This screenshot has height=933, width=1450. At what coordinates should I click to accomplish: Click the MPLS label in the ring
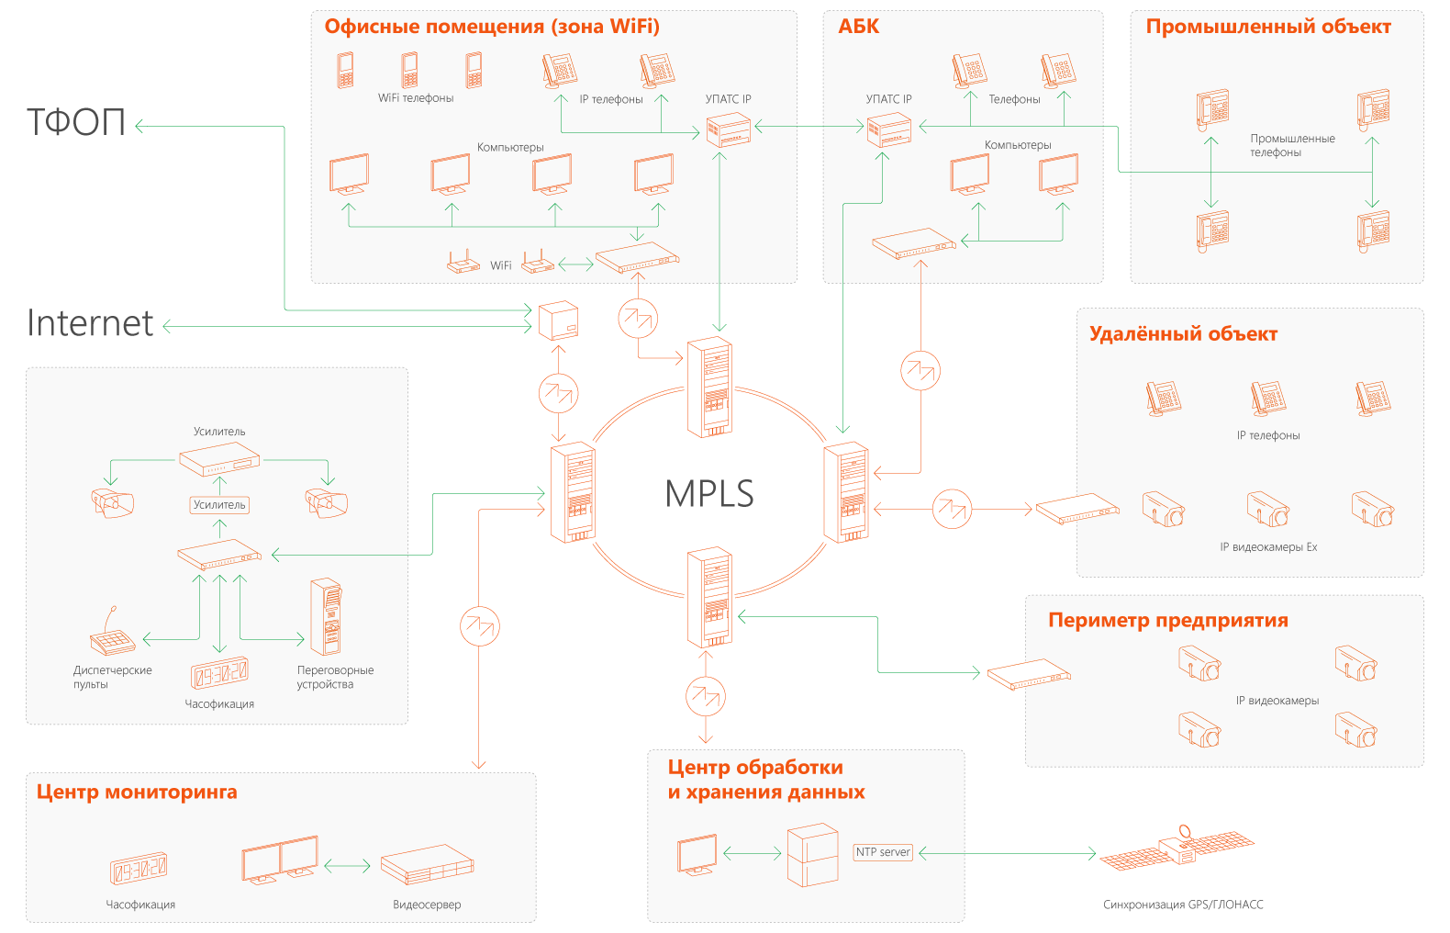(708, 494)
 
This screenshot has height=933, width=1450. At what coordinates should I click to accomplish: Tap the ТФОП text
(76, 122)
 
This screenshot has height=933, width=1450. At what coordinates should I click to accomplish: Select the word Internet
(90, 323)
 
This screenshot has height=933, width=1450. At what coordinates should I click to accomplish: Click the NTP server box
(883, 852)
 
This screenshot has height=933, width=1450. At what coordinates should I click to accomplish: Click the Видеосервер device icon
(427, 864)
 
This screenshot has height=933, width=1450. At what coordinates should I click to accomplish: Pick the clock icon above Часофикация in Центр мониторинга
(139, 868)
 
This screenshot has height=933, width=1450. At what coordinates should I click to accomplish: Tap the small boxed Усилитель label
(219, 505)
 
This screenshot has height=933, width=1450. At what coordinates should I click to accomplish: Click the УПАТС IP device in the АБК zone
(889, 129)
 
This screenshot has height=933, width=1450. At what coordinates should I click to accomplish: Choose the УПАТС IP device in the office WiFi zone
(729, 129)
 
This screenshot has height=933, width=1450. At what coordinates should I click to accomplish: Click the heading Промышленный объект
(1268, 27)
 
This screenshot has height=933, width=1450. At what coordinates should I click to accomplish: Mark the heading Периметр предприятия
(1167, 620)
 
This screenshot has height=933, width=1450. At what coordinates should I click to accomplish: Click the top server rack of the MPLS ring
(710, 387)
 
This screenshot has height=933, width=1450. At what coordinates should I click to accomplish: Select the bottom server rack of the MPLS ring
(710, 597)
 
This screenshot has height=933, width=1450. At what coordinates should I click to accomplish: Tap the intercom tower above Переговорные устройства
(326, 616)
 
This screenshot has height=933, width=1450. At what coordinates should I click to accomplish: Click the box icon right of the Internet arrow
(557, 320)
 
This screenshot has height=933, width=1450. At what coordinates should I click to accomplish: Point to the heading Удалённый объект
(1183, 333)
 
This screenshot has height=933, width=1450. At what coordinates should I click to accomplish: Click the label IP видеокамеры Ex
(1268, 547)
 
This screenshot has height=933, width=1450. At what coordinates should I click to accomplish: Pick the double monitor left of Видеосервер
(280, 860)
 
